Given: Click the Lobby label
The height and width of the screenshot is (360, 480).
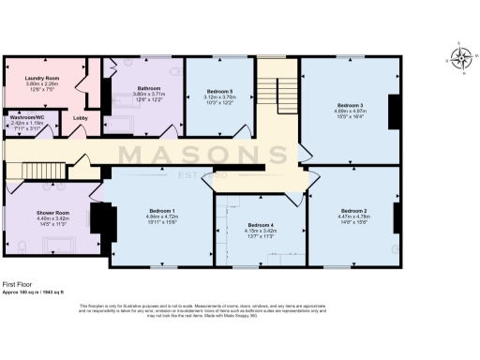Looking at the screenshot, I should [x=81, y=118].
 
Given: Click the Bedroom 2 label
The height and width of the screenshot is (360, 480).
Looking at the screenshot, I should [x=353, y=210].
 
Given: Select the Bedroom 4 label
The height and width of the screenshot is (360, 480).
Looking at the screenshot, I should [x=261, y=226].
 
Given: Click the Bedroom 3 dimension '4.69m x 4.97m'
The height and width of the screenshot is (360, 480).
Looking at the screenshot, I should [x=349, y=112].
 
